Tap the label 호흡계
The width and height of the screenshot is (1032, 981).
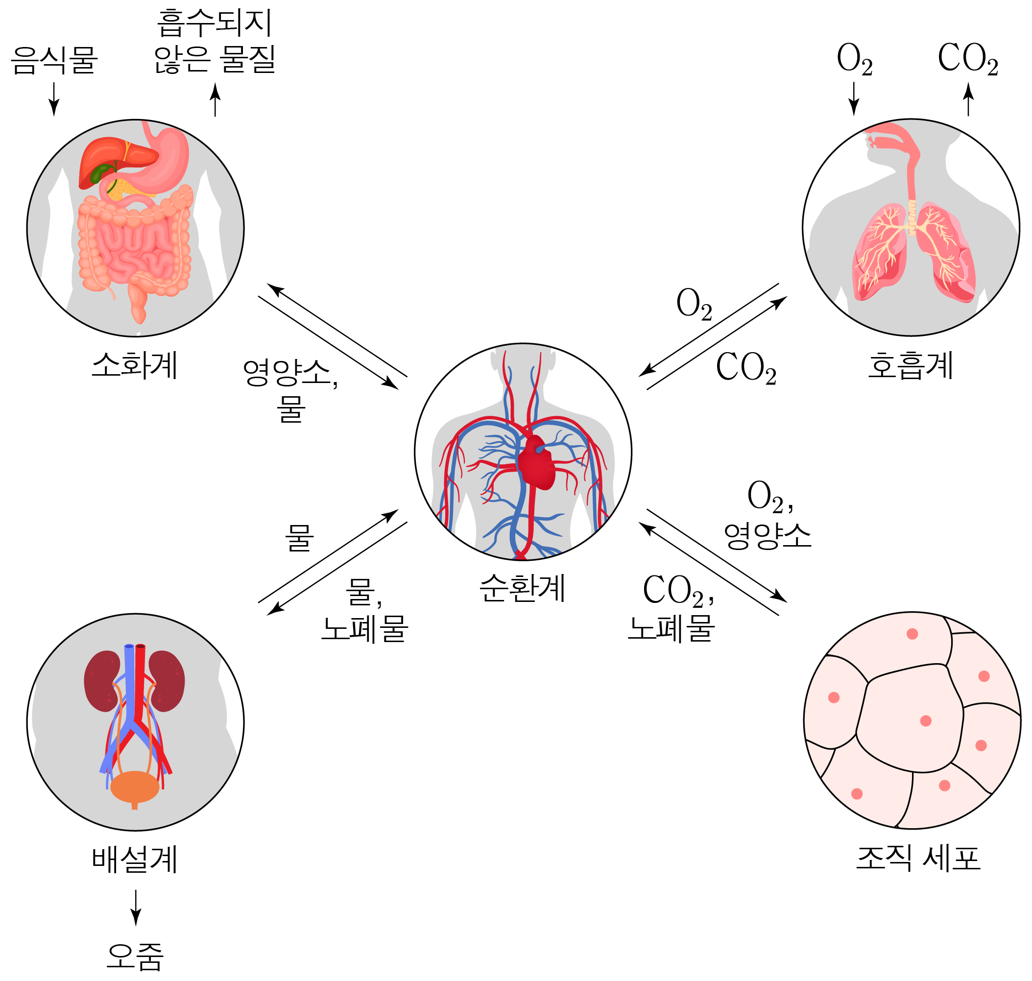point(911,365)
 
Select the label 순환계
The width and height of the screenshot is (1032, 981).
point(522,588)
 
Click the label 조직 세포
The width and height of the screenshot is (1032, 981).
point(918,858)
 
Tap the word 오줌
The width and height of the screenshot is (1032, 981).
point(135,957)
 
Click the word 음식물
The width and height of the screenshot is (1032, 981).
point(54,60)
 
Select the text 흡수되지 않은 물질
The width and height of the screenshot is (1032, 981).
point(215,42)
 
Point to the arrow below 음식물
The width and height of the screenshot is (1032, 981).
point(54,99)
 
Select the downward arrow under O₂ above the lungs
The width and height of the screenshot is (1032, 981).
point(854,99)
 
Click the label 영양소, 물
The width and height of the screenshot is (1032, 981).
point(290,390)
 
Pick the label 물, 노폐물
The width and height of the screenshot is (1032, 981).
point(364,610)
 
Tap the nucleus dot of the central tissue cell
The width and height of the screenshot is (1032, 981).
point(926,721)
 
